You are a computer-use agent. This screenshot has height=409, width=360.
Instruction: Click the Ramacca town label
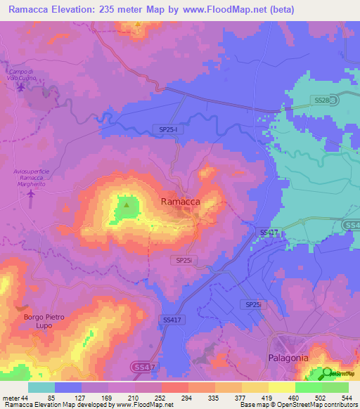point(181,201)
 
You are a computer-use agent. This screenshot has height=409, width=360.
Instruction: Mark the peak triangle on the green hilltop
point(127,205)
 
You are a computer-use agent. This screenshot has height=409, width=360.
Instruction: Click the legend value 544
point(347,398)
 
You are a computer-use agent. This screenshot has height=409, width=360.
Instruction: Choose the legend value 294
point(188,398)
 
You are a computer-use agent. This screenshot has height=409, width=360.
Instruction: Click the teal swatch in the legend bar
point(41,387)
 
